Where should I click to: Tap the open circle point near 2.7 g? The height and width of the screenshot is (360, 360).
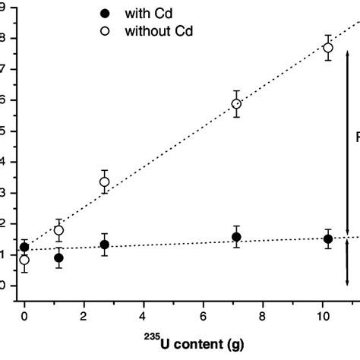[x=104, y=182]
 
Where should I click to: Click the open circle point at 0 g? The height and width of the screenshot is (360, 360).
[x=24, y=260]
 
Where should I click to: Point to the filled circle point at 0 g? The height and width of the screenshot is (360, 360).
[x=24, y=247]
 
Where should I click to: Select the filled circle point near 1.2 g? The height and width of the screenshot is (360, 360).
[x=58, y=257]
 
